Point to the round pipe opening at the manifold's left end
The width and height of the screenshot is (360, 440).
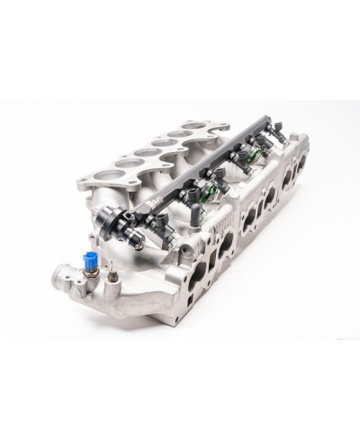(x=62, y=273)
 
